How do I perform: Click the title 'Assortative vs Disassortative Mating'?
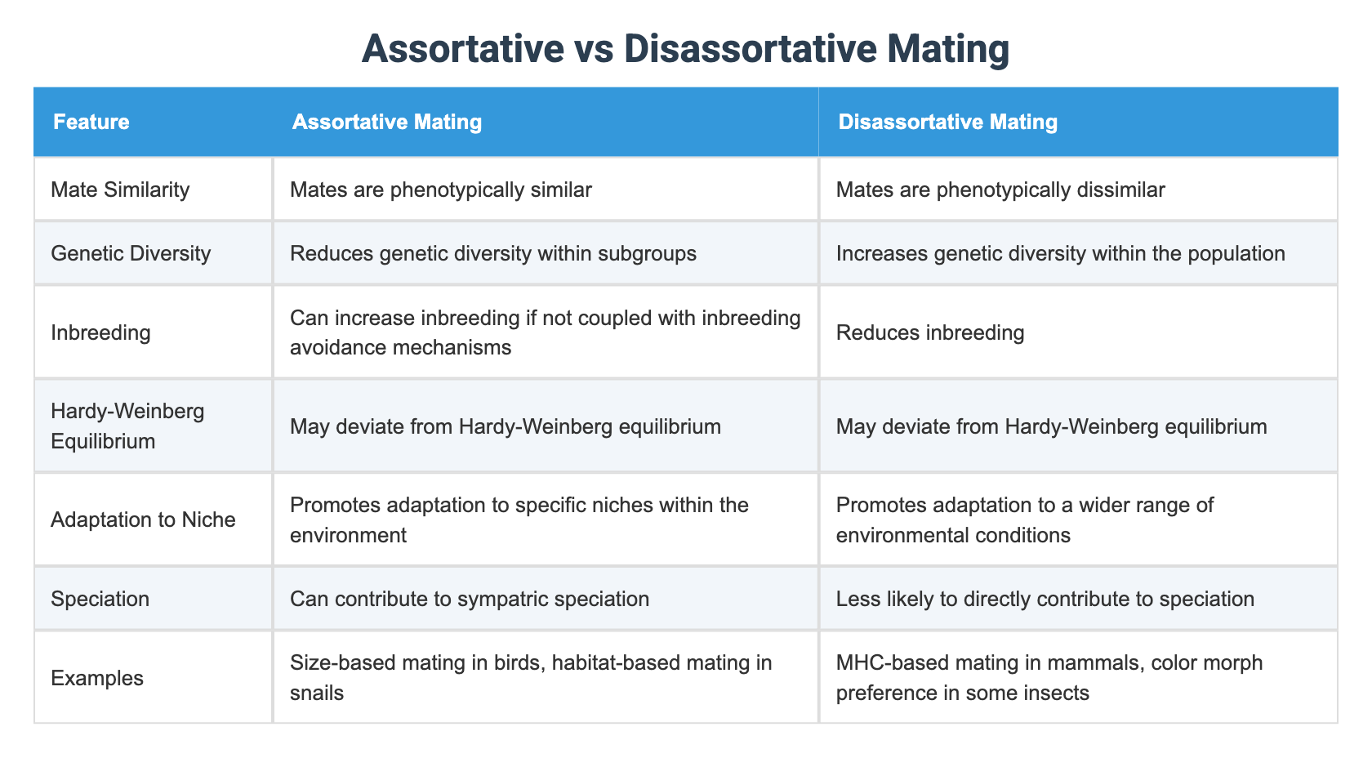click(x=685, y=49)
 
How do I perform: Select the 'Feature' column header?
click(x=91, y=123)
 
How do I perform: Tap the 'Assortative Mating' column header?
click(x=387, y=123)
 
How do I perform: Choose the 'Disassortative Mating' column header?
click(x=947, y=123)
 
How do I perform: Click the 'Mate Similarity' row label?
click(x=120, y=190)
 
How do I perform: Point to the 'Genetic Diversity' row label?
click(x=131, y=253)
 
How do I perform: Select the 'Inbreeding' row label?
click(x=100, y=332)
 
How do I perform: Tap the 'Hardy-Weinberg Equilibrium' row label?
click(x=127, y=426)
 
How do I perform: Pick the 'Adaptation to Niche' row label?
click(x=143, y=519)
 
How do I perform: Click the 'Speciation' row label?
click(x=100, y=599)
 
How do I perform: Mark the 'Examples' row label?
click(x=97, y=678)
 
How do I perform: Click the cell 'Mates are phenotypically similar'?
click(x=441, y=190)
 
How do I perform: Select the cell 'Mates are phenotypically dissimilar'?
click(x=1000, y=190)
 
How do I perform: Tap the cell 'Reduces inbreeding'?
click(x=930, y=332)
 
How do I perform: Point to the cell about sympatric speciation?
click(x=470, y=599)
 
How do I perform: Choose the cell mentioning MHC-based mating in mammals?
click(x=1049, y=677)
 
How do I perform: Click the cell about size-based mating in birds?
click(x=531, y=677)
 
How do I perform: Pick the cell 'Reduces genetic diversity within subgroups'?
click(x=493, y=253)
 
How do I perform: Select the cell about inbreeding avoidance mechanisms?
click(x=545, y=332)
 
